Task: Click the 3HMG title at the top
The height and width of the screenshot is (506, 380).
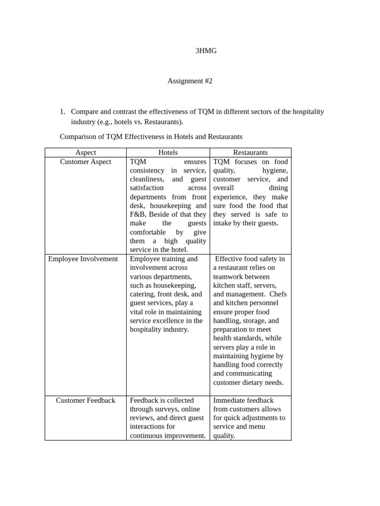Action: (206, 50)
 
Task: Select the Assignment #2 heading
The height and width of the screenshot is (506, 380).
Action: (190, 81)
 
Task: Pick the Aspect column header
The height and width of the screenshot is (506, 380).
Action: (86, 153)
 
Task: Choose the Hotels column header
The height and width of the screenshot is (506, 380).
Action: (168, 153)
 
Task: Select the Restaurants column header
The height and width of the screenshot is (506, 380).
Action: (250, 153)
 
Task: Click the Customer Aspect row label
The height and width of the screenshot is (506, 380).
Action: (86, 162)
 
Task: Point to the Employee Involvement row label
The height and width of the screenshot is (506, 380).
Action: (83, 259)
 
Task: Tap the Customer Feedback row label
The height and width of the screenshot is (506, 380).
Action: (86, 400)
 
